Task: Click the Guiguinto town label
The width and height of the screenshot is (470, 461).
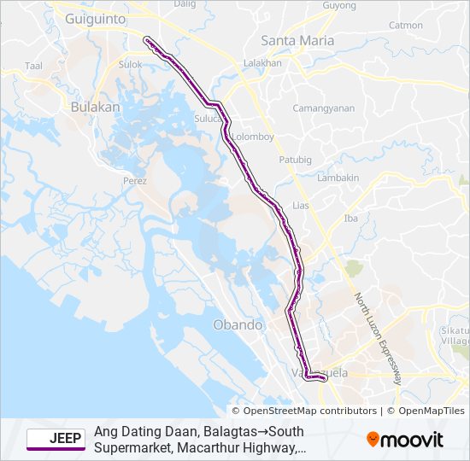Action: pyautogui.click(x=96, y=17)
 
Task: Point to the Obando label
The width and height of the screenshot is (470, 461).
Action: pyautogui.click(x=238, y=324)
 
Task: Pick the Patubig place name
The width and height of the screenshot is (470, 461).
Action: pyautogui.click(x=296, y=160)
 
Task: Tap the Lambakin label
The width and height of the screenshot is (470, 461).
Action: pyautogui.click(x=338, y=178)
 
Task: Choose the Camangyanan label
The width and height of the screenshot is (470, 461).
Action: pyautogui.click(x=323, y=108)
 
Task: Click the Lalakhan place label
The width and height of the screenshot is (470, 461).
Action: pyautogui.click(x=262, y=63)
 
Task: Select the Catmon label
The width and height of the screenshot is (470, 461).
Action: pyautogui.click(x=405, y=26)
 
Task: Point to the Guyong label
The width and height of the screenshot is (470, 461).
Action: pyautogui.click(x=339, y=6)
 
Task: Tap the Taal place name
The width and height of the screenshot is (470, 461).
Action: pyautogui.click(x=34, y=66)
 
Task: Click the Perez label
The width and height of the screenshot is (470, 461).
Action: pyautogui.click(x=135, y=181)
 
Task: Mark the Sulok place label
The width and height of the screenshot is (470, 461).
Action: pyautogui.click(x=130, y=64)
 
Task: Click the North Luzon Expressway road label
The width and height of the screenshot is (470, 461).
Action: pyautogui.click(x=377, y=338)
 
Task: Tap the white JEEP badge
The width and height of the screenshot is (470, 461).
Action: pyautogui.click(x=56, y=439)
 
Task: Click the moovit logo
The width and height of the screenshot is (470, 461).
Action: pyautogui.click(x=405, y=440)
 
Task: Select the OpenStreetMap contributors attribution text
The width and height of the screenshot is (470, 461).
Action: pyautogui.click(x=303, y=411)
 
